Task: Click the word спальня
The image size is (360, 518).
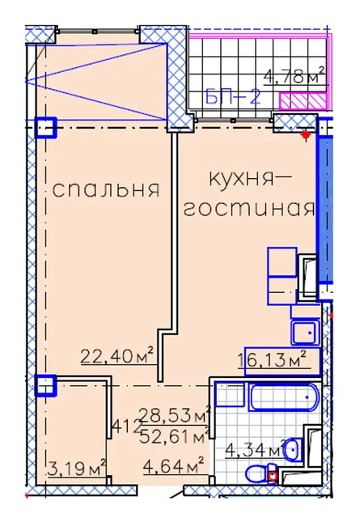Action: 106,189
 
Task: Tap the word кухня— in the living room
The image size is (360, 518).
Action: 250,180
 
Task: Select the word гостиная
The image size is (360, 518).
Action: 248,209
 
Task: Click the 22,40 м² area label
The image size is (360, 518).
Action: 117,356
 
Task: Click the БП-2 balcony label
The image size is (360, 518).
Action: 233,97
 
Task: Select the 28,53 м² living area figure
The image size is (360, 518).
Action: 175,415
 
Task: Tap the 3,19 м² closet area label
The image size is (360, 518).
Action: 77,468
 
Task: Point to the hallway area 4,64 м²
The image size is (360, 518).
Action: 173,466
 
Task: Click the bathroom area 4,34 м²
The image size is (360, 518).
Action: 256,449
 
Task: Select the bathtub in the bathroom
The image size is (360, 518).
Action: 283,397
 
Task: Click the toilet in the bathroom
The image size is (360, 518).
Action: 261,474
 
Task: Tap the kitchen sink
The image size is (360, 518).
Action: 305,333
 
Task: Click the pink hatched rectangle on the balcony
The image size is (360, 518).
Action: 303,101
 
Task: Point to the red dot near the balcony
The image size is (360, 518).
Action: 306,134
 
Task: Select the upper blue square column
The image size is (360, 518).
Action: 46,127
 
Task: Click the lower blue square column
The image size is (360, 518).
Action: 46,385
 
